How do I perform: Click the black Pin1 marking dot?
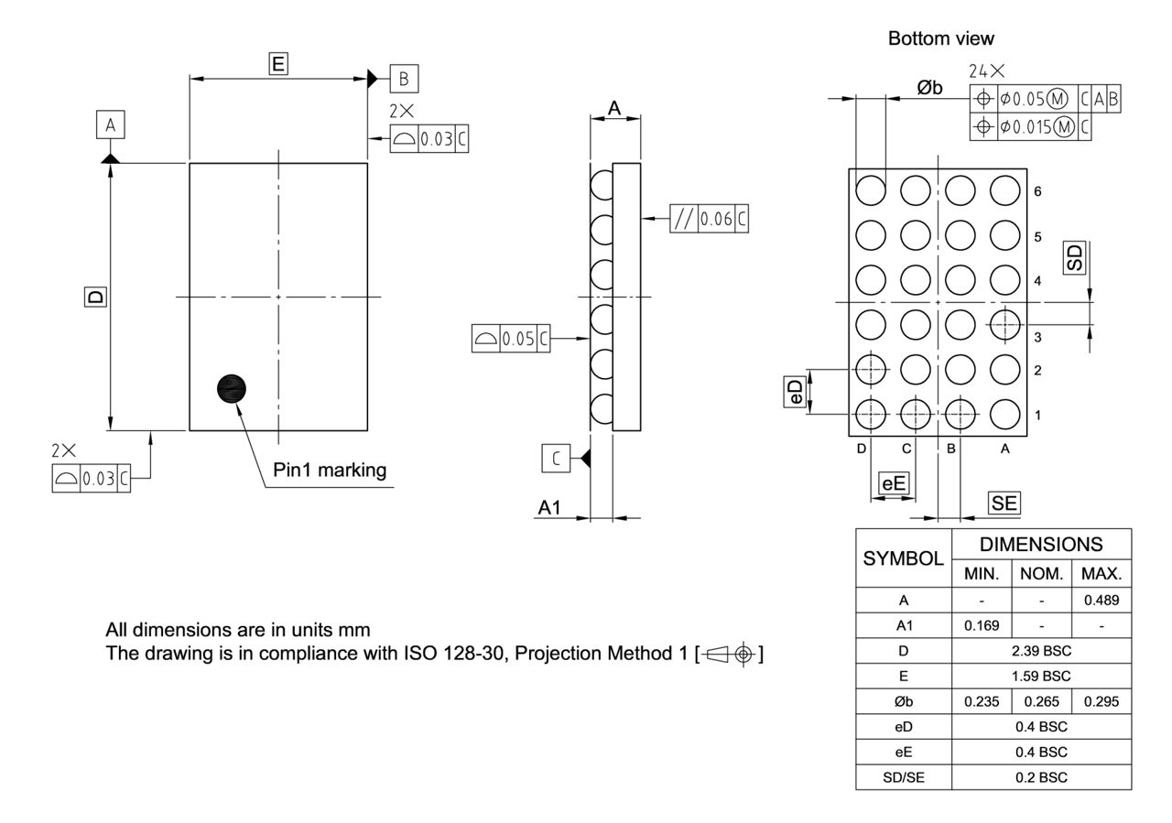233,389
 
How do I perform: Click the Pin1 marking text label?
330,470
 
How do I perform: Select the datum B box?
403,79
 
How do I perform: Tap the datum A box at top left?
110,125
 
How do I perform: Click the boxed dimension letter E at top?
278,62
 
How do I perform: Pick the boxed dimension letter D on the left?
94,297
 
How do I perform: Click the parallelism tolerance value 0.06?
716,220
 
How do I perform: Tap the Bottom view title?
940,38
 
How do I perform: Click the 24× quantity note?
986,70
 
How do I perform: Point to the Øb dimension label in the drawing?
929,88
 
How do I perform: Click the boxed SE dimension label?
1004,503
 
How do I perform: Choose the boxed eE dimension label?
894,483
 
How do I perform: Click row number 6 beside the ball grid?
1037,192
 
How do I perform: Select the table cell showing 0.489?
1101,601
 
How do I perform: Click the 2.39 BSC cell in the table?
1041,651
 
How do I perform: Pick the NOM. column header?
1041,575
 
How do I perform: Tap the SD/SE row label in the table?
904,777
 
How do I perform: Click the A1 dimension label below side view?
549,508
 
